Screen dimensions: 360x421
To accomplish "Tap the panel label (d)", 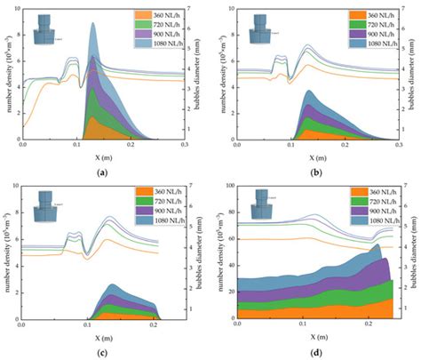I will tap(317, 352).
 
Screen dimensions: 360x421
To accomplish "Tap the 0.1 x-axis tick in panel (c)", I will tap(87, 330).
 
